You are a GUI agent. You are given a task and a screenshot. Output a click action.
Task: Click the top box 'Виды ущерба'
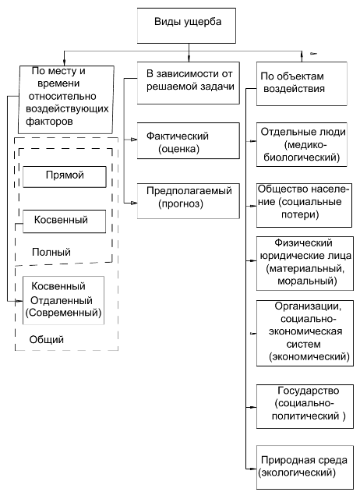pos(186,26)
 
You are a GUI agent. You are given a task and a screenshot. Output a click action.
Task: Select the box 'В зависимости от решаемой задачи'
pos(189,83)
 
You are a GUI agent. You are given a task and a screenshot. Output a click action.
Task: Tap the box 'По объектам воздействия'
pos(302,83)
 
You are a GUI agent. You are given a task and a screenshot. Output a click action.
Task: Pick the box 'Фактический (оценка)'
pos(189,140)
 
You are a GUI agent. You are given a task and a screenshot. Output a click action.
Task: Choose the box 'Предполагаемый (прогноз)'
pos(189,201)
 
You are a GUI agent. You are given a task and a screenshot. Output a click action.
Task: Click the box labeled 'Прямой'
pos(65,177)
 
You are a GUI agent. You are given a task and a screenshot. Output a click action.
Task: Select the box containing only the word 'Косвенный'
pos(64,221)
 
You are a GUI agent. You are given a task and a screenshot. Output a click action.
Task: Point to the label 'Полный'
pos(51,252)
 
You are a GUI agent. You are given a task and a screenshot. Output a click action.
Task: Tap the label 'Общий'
pos(47,340)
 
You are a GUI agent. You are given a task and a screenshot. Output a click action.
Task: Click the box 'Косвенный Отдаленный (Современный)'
pos(63,300)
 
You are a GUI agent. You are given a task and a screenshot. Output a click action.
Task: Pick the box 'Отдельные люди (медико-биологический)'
pos(302,144)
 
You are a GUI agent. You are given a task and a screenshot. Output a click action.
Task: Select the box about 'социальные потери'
pos(304,205)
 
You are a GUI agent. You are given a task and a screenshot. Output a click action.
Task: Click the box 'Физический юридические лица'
pos(305,264)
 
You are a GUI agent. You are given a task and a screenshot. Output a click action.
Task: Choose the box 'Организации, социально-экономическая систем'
pos(305,333)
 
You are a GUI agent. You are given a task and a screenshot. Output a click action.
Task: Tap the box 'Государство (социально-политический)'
pos(305,406)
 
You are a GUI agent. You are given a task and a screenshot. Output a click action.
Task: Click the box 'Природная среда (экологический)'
pos(305,467)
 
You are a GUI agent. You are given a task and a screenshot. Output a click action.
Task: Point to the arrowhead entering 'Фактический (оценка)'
pos(134,140)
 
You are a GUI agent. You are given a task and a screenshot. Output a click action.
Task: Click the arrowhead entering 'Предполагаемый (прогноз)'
pos(134,203)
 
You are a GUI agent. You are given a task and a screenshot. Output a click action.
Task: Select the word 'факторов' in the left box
pos(49,122)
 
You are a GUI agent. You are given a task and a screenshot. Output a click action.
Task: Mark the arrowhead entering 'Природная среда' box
pos(253,469)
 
